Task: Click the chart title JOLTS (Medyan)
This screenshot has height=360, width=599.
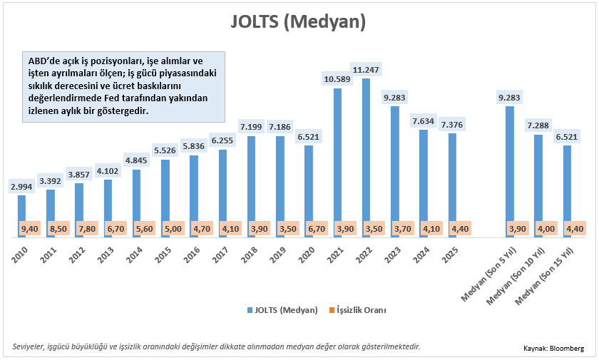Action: pyautogui.click(x=298, y=22)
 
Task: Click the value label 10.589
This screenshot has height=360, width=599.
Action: pyautogui.click(x=337, y=78)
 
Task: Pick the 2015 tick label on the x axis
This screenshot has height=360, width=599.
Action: pyautogui.click(x=163, y=254)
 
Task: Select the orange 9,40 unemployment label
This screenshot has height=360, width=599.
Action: pyautogui.click(x=30, y=229)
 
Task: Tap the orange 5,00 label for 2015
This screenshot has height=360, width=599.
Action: pyautogui.click(x=173, y=229)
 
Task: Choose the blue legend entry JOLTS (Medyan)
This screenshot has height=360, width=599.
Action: pyautogui.click(x=283, y=310)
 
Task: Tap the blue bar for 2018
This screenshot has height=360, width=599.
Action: pyautogui.click(x=251, y=178)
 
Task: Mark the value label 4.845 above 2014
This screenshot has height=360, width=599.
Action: pyautogui.click(x=136, y=160)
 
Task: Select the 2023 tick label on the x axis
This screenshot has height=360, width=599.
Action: pyautogui.click(x=393, y=254)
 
